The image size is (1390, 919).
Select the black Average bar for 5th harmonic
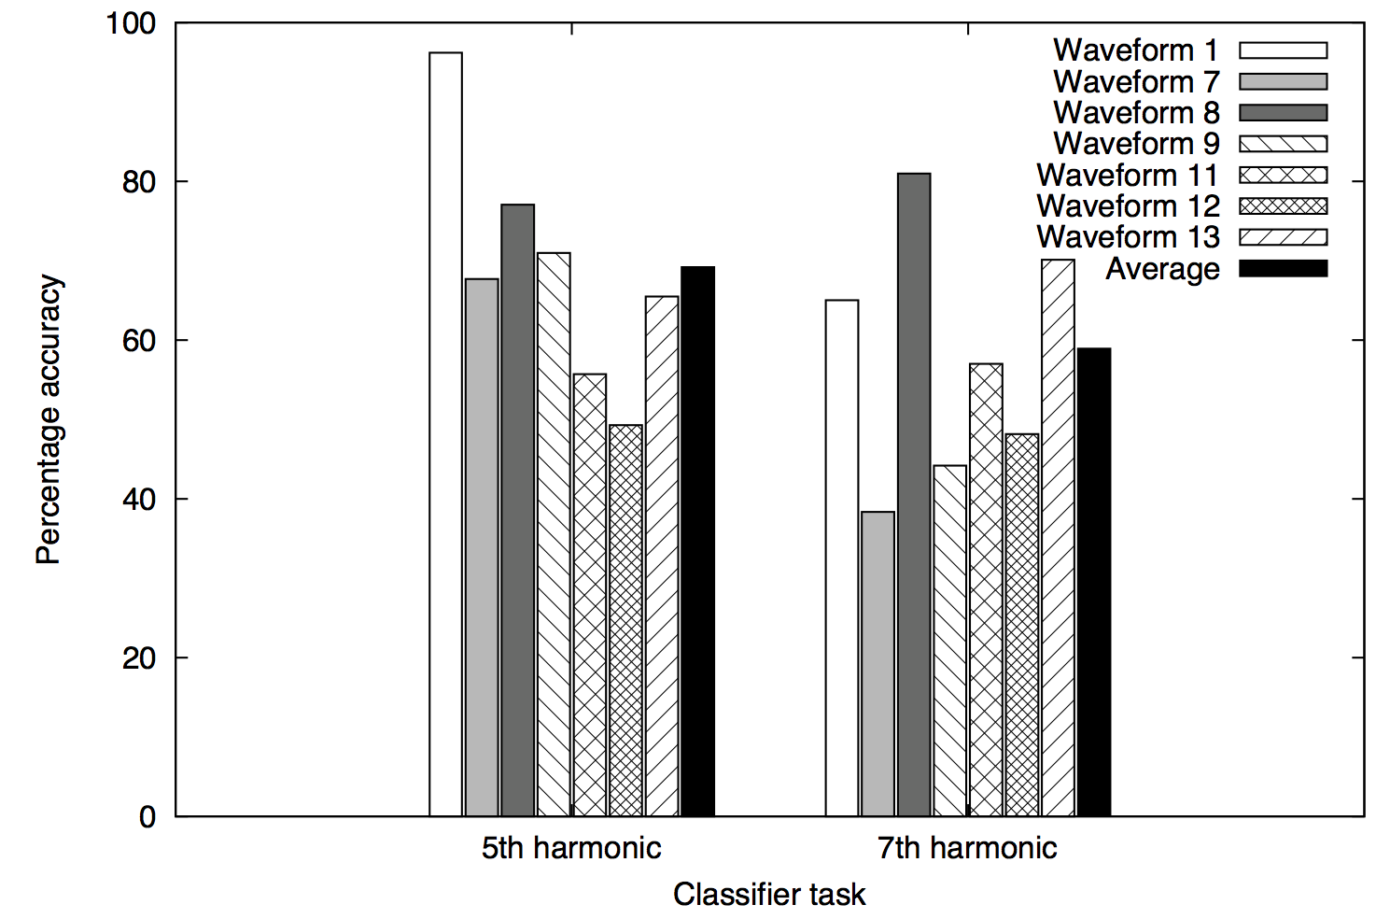click(697, 542)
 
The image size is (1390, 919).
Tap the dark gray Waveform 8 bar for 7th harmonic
click(914, 495)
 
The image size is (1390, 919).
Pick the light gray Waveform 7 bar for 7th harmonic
click(878, 664)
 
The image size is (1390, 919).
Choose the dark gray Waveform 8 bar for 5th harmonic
click(518, 510)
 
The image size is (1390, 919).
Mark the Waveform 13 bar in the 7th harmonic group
click(1058, 538)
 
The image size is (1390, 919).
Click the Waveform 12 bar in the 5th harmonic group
click(625, 621)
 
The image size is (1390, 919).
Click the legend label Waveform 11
click(1128, 176)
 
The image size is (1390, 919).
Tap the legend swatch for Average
click(1283, 269)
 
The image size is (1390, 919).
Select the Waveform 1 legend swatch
click(1283, 50)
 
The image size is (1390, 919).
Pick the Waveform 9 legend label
click(1136, 144)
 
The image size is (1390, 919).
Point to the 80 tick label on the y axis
click(138, 181)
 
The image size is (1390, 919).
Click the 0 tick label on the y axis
click(147, 817)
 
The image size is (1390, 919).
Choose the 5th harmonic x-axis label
click(571, 848)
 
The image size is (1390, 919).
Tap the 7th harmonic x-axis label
click(967, 848)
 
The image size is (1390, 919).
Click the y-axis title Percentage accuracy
click(49, 419)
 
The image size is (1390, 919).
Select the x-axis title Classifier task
click(769, 895)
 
